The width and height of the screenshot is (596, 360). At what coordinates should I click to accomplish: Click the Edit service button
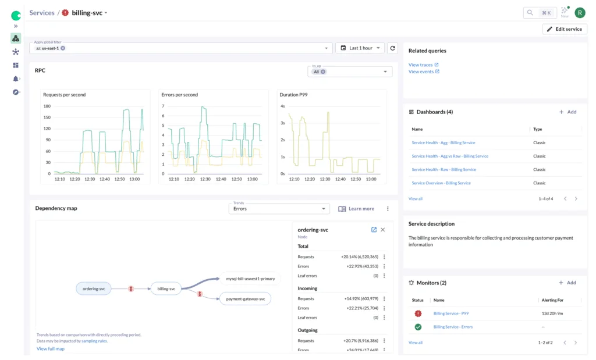565,29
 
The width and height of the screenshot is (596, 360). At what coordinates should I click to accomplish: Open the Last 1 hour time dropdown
360,48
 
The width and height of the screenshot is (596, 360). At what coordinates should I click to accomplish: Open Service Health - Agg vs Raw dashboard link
450,156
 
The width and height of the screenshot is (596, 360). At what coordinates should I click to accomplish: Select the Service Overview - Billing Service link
441,183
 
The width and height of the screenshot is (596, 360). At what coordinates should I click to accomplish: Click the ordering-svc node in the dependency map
94,288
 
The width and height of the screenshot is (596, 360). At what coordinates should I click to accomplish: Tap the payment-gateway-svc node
245,299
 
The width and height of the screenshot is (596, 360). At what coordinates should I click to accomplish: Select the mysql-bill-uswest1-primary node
250,279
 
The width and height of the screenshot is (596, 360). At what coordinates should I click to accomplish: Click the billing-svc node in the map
166,288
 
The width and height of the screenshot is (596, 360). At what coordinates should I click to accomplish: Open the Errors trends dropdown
279,209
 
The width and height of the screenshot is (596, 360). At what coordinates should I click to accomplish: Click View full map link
51,349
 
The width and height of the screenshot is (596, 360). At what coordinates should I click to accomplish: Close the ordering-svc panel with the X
382,230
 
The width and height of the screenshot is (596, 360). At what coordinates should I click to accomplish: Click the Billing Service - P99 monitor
451,313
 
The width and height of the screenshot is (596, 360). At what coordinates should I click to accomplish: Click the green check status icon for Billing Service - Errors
418,327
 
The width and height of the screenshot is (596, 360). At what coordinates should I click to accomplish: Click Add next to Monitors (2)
567,283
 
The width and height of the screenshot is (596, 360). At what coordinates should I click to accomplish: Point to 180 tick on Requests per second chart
47,106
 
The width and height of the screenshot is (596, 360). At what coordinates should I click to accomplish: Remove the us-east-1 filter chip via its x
63,48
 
